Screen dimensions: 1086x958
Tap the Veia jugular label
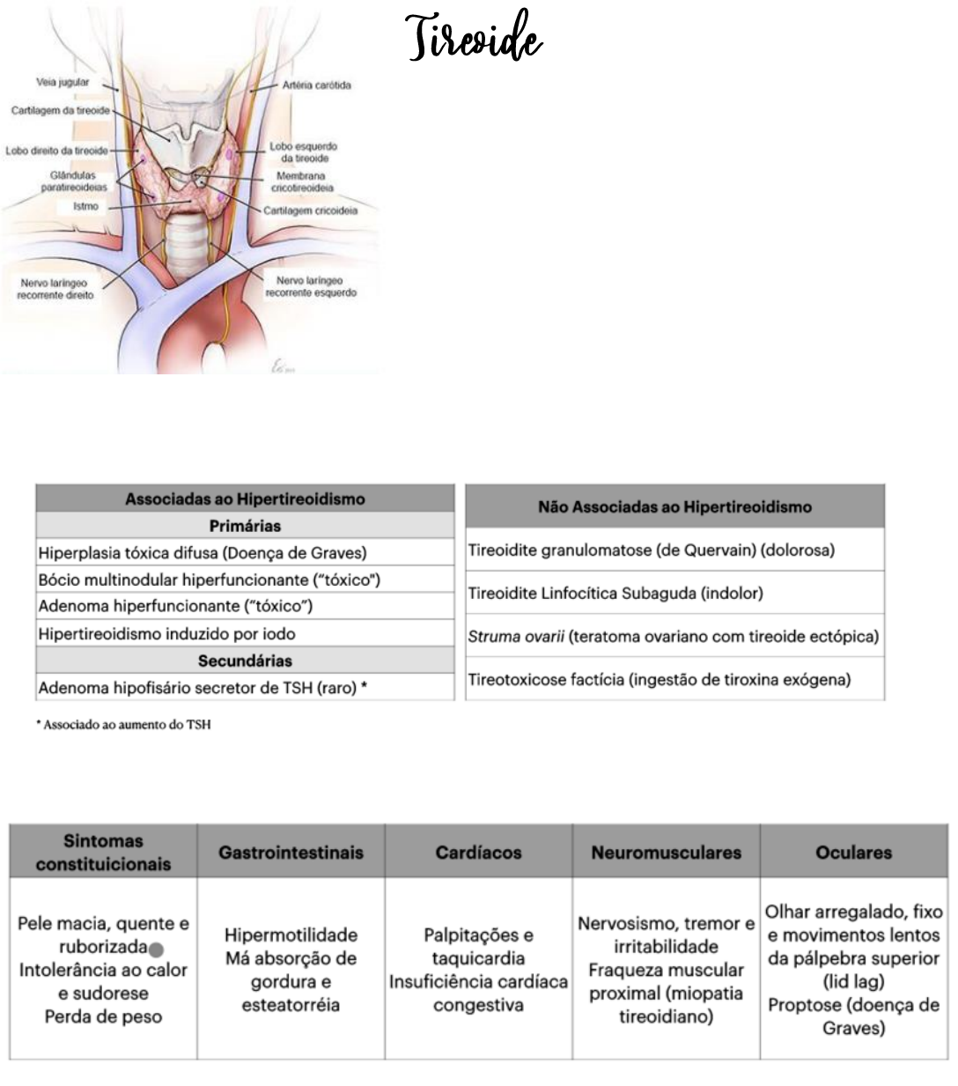point(63,82)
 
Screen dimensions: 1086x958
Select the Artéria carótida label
point(316,85)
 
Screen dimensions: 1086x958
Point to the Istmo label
point(85,206)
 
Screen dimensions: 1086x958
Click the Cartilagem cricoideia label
point(310,211)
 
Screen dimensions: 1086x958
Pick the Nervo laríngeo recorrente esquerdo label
point(311,286)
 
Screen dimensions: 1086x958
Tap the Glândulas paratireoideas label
point(74,181)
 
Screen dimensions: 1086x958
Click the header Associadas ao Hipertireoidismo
point(245,499)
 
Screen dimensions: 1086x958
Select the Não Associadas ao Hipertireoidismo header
point(674,506)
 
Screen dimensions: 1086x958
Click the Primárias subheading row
point(245,526)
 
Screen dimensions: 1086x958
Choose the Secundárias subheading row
point(245,661)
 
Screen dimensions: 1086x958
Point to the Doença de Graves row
point(203,553)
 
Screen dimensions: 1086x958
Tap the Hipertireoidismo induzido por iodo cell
point(167,634)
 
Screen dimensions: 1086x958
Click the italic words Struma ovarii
point(516,636)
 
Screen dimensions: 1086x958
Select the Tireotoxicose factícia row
point(660,679)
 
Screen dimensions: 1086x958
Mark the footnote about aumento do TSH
point(129,725)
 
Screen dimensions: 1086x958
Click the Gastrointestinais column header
point(291,852)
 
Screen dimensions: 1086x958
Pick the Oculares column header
point(853,852)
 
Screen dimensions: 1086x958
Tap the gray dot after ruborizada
point(156,949)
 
